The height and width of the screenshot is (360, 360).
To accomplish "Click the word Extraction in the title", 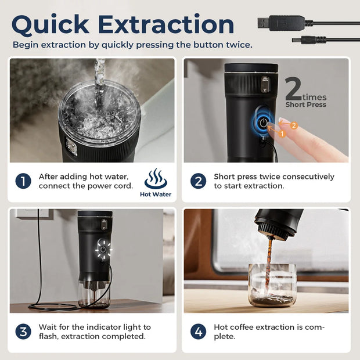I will (166, 24).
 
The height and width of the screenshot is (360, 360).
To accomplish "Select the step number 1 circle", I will (23, 181).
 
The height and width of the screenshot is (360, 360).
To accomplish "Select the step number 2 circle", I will (198, 181).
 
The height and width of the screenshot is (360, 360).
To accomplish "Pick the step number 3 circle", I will (23, 332).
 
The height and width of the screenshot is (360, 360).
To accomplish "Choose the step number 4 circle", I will (198, 332).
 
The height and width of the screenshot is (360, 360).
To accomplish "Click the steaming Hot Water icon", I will (156, 179).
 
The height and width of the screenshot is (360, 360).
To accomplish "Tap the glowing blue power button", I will (264, 123).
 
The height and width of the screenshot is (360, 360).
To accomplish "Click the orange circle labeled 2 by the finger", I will (294, 125).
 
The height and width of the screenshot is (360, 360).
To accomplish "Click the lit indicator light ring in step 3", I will (103, 250).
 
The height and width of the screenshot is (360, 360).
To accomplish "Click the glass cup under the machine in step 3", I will (94, 294).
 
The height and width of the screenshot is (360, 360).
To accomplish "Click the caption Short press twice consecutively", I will (273, 177).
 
